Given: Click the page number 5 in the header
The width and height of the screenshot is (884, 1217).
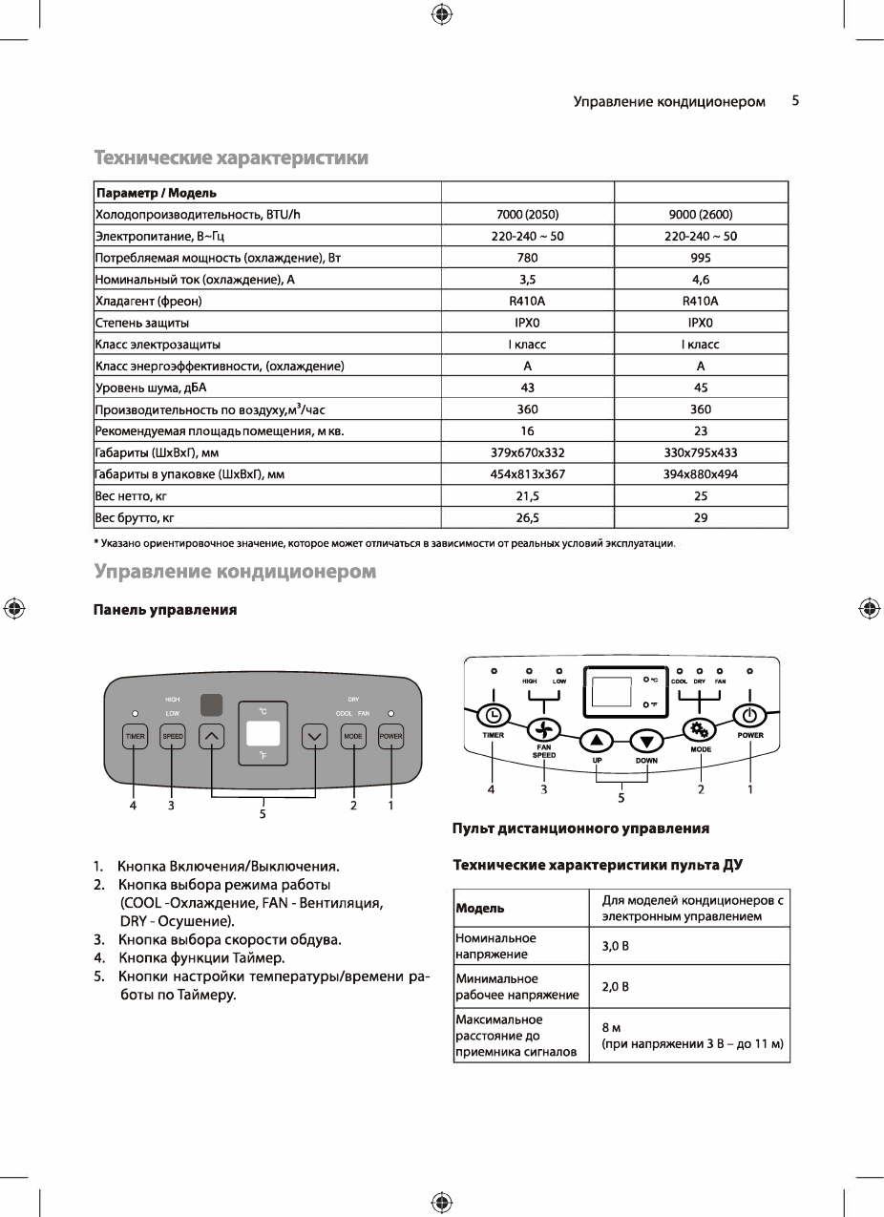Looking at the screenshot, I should tap(795, 100).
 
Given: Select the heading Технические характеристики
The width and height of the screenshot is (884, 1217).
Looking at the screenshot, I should tap(230, 157).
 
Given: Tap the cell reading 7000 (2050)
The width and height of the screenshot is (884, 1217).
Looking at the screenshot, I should tap(527, 215).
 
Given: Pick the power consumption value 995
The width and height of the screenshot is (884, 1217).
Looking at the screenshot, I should tap(700, 258).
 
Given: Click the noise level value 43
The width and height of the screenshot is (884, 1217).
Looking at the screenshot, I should tap(527, 388).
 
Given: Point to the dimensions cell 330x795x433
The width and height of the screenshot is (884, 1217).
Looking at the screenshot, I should tap(700, 452).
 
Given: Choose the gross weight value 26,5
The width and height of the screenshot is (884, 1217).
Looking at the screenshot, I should tap(527, 517).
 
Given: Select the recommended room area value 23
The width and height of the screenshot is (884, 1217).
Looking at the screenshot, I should tap(700, 430).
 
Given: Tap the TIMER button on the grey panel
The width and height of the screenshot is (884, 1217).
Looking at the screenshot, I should tap(135, 737).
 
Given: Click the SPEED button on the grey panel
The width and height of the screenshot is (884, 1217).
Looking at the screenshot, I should tap(172, 737).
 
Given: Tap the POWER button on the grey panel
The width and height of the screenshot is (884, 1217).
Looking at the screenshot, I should tap(390, 737).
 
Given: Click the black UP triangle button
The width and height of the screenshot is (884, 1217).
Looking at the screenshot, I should tap(596, 741).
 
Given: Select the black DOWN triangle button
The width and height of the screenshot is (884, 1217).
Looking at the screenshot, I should tap(647, 741).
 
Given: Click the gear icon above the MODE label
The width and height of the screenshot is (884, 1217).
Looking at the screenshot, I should tap(700, 730).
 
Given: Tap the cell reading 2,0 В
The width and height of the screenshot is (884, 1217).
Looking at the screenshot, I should tap(615, 987).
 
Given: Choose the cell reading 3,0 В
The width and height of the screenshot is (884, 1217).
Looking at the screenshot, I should tap(615, 946).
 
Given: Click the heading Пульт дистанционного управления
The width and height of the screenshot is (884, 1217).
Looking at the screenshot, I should tap(580, 829).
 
